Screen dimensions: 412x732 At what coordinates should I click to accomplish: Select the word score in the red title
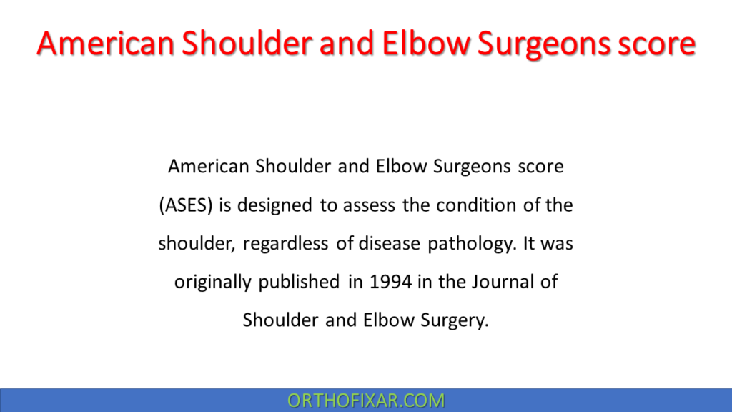click(655, 44)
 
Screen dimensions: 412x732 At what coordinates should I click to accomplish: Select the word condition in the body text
click(474, 206)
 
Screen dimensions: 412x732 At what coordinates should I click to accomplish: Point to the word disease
click(390, 244)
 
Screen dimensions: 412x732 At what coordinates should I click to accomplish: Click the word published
click(298, 282)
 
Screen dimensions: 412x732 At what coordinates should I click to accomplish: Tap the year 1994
click(391, 282)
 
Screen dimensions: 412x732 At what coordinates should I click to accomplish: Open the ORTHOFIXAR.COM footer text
click(366, 401)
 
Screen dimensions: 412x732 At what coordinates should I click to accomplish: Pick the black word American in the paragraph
click(207, 167)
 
